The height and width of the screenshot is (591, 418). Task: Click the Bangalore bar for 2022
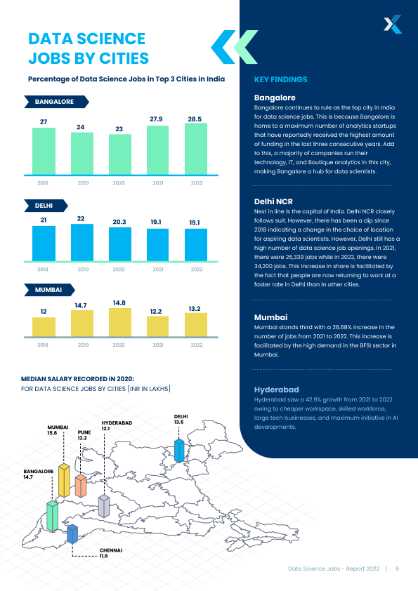click(x=196, y=149)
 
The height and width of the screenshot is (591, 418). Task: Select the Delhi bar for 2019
click(x=82, y=242)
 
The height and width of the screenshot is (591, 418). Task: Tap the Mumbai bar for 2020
click(x=120, y=322)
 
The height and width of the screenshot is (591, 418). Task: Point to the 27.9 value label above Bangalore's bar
click(x=156, y=119)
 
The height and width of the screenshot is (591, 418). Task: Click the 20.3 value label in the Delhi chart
click(x=119, y=222)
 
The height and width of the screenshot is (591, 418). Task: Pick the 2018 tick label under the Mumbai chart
click(x=43, y=345)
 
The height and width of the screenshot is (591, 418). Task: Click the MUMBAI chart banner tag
click(x=49, y=290)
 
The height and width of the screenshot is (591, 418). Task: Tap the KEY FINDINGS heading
click(x=281, y=79)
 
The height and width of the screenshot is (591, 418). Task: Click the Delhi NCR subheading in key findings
click(x=273, y=201)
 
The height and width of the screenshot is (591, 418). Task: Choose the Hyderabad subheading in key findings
click(x=276, y=390)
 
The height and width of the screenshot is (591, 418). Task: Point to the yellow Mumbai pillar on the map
click(x=64, y=480)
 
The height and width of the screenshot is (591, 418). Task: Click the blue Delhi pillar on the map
click(x=179, y=451)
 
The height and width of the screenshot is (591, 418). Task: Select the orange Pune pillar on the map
click(x=81, y=486)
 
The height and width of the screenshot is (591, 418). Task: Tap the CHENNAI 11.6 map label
click(x=110, y=553)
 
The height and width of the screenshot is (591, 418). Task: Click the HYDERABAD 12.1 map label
click(x=117, y=425)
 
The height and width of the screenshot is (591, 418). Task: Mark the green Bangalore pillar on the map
click(x=53, y=516)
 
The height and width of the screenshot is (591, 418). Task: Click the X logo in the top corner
click(x=393, y=24)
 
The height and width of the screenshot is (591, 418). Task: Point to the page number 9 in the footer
click(x=397, y=569)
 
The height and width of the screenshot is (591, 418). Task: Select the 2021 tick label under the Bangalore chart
click(x=158, y=182)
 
